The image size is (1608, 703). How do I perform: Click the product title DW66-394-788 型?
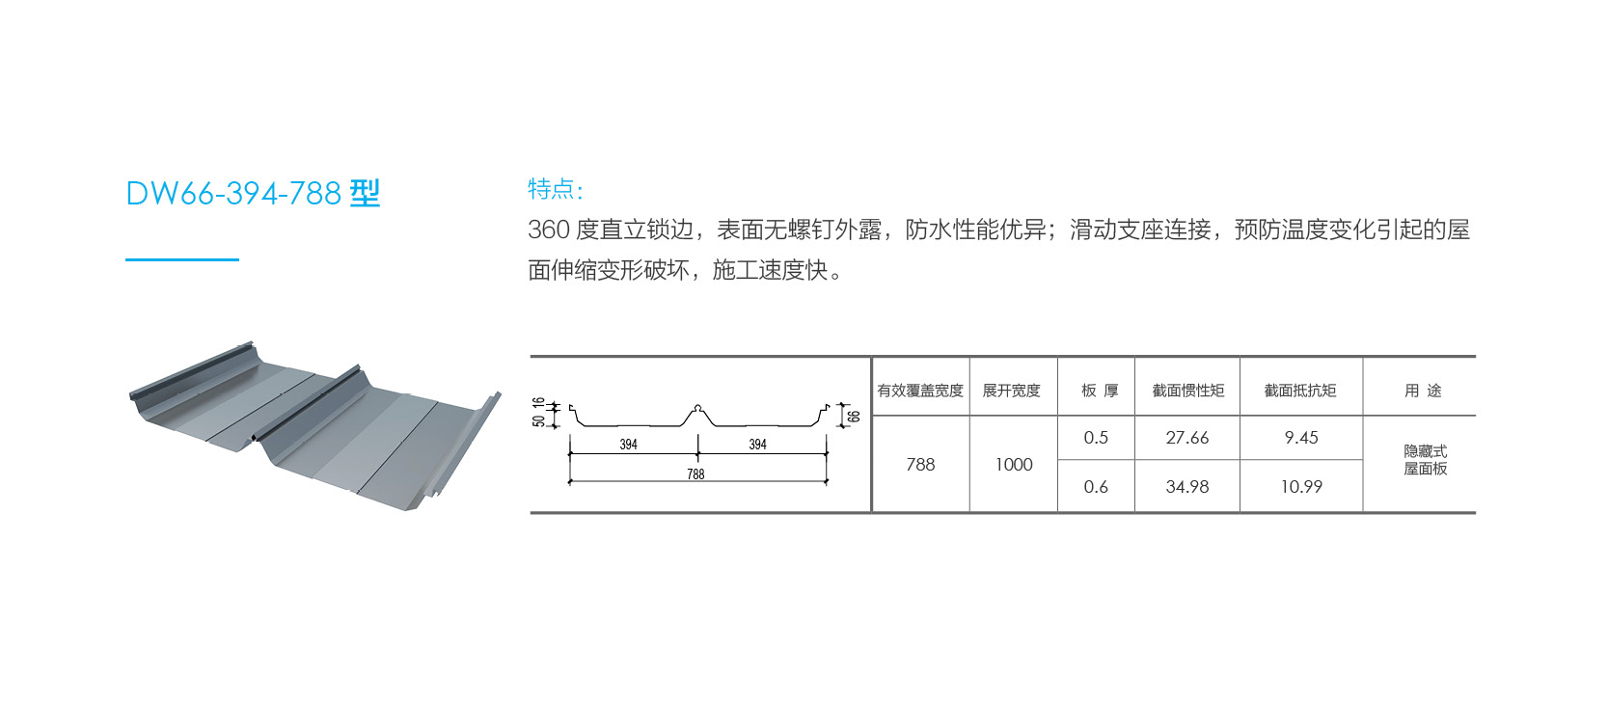pyautogui.click(x=253, y=193)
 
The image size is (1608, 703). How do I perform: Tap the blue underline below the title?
pyautogui.click(x=182, y=259)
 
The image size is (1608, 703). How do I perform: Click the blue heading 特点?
pyautogui.click(x=556, y=189)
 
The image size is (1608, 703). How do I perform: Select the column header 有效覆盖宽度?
pyautogui.click(x=920, y=391)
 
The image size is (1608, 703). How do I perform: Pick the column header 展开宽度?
pyautogui.click(x=1012, y=391)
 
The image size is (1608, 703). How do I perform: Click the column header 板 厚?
pyautogui.click(x=1100, y=391)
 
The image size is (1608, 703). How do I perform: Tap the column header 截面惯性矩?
pyautogui.click(x=1188, y=391)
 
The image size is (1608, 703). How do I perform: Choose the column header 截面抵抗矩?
pyautogui.click(x=1300, y=391)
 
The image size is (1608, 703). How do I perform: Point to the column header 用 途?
pyautogui.click(x=1423, y=391)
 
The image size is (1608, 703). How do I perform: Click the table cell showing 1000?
pyautogui.click(x=1014, y=465)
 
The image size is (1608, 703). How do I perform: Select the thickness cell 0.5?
pyautogui.click(x=1096, y=438)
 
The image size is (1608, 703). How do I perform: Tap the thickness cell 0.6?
pyautogui.click(x=1096, y=487)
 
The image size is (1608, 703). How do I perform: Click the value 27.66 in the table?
pyautogui.click(x=1187, y=438)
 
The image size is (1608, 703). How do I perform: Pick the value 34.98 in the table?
pyautogui.click(x=1187, y=487)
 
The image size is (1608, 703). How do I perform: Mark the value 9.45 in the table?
pyautogui.click(x=1301, y=438)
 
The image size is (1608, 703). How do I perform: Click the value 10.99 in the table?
pyautogui.click(x=1301, y=487)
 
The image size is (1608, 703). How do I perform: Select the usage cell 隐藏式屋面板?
pyautogui.click(x=1426, y=460)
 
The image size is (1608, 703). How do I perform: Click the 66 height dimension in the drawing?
pyautogui.click(x=854, y=416)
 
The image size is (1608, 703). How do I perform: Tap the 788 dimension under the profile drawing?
pyautogui.click(x=695, y=474)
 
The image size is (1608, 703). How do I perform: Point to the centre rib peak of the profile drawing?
pyautogui.click(x=697, y=408)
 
